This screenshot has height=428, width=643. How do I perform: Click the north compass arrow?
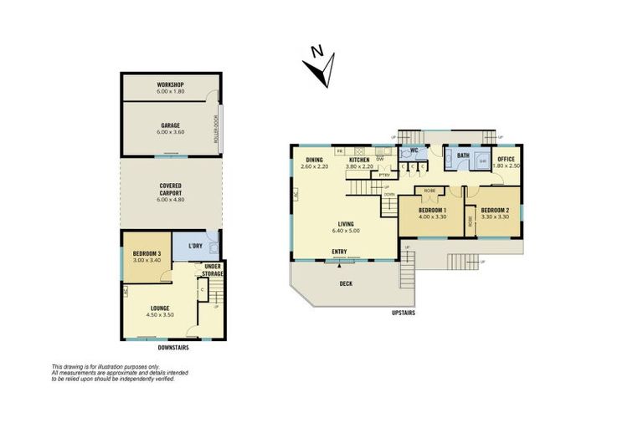click(320, 68)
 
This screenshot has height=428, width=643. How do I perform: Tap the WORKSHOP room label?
click(170, 85)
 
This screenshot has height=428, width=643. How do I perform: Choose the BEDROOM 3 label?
click(147, 253)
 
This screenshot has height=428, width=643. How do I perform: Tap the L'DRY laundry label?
click(195, 246)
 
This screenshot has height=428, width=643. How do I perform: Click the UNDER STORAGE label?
click(212, 270)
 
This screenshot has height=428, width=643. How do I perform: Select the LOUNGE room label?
click(159, 308)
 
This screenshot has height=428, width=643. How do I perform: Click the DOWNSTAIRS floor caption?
click(173, 347)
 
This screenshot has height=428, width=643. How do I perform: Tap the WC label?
click(413, 151)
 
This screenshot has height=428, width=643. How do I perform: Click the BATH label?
click(462, 155)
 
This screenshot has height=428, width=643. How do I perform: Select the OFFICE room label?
click(506, 159)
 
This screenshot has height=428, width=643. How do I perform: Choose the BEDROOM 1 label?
click(432, 210)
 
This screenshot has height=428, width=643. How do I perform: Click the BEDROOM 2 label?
click(495, 210)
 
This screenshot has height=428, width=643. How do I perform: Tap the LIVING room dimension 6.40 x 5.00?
click(344, 231)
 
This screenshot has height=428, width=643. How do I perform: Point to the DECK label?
click(346, 283)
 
